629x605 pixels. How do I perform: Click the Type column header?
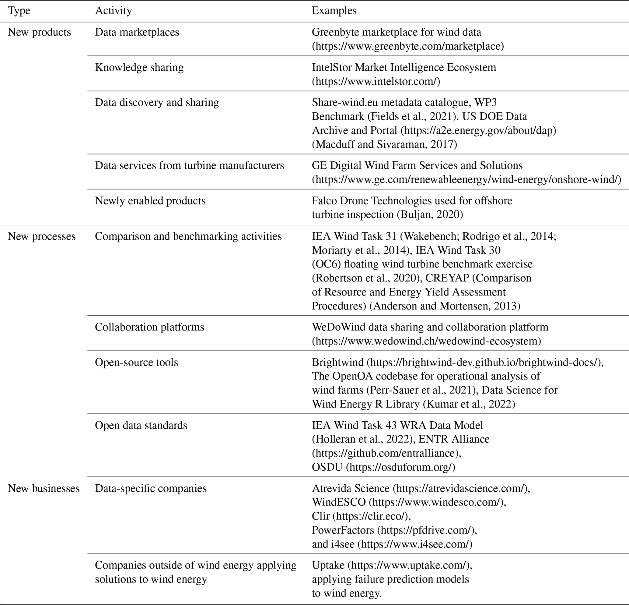[x=19, y=11]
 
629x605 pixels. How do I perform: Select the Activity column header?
[x=113, y=11]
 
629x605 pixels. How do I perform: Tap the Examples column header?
[x=334, y=11]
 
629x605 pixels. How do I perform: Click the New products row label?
[x=39, y=32]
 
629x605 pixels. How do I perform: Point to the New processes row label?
[x=42, y=236]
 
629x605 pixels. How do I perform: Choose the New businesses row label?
[x=44, y=488]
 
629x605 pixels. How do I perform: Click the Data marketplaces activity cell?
[x=137, y=32]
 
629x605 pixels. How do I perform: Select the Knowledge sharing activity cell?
[x=139, y=67]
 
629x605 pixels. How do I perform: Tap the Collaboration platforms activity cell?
[x=149, y=327]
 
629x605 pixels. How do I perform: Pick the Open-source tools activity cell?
[x=136, y=362]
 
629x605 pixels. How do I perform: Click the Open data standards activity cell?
[x=141, y=425]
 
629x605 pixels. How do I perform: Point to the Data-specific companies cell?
[x=151, y=488]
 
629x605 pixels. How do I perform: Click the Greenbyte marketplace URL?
[x=408, y=46]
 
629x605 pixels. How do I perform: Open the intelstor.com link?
[x=376, y=82]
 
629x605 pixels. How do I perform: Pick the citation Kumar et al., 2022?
[x=469, y=404]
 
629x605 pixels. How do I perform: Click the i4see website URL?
[x=415, y=544]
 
